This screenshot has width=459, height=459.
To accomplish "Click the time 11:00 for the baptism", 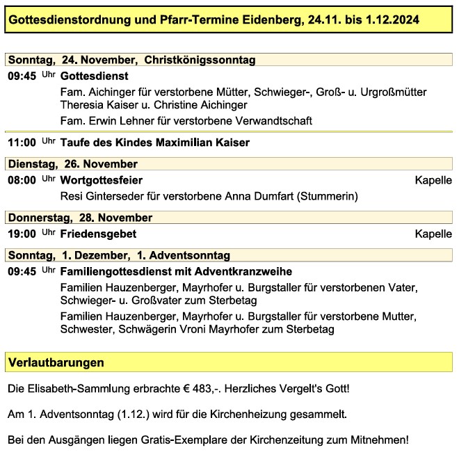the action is coord(22,143).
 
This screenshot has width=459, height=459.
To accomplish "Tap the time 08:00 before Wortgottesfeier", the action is coord(22,180).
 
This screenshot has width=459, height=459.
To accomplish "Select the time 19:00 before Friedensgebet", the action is coord(22,234).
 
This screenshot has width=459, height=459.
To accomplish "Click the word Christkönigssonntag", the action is coord(200,60).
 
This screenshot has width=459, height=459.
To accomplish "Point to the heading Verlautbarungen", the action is coord(56,362).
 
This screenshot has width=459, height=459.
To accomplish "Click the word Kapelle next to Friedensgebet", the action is coord(433,234).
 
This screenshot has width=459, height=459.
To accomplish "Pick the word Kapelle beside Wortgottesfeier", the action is coord(433,180).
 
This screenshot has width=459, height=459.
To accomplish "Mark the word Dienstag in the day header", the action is coord(31,164).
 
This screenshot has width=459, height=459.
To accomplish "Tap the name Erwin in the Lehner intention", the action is coord(102,121).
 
